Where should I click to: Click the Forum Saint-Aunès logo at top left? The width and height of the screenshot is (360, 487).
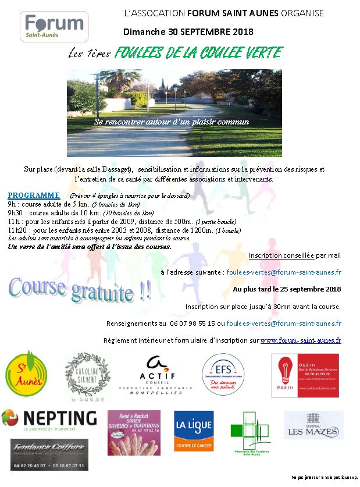click(54, 26)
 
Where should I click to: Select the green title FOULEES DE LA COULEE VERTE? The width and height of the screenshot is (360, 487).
click(198, 54)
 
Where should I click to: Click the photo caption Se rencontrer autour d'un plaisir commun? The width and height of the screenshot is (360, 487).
click(172, 122)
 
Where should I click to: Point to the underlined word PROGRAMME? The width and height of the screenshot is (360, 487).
click(34, 195)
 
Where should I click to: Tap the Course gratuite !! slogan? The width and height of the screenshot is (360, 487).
click(80, 288)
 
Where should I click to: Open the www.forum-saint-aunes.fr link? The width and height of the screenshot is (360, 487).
click(300, 340)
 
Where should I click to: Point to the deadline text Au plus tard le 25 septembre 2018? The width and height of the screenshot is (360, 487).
click(287, 289)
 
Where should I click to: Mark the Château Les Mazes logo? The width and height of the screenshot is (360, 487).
click(313, 425)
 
